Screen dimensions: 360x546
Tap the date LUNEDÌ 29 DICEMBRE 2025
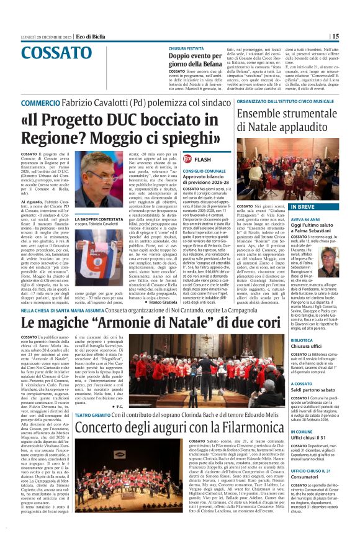pos(43,36)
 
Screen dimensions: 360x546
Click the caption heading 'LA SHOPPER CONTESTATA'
pos(97,219)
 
